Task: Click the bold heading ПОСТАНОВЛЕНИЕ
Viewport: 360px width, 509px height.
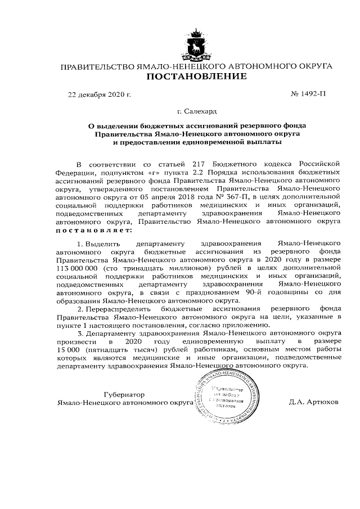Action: (x=196, y=76)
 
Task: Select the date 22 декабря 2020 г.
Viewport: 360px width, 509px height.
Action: (x=99, y=94)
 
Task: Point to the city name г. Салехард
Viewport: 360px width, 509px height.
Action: (x=196, y=112)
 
